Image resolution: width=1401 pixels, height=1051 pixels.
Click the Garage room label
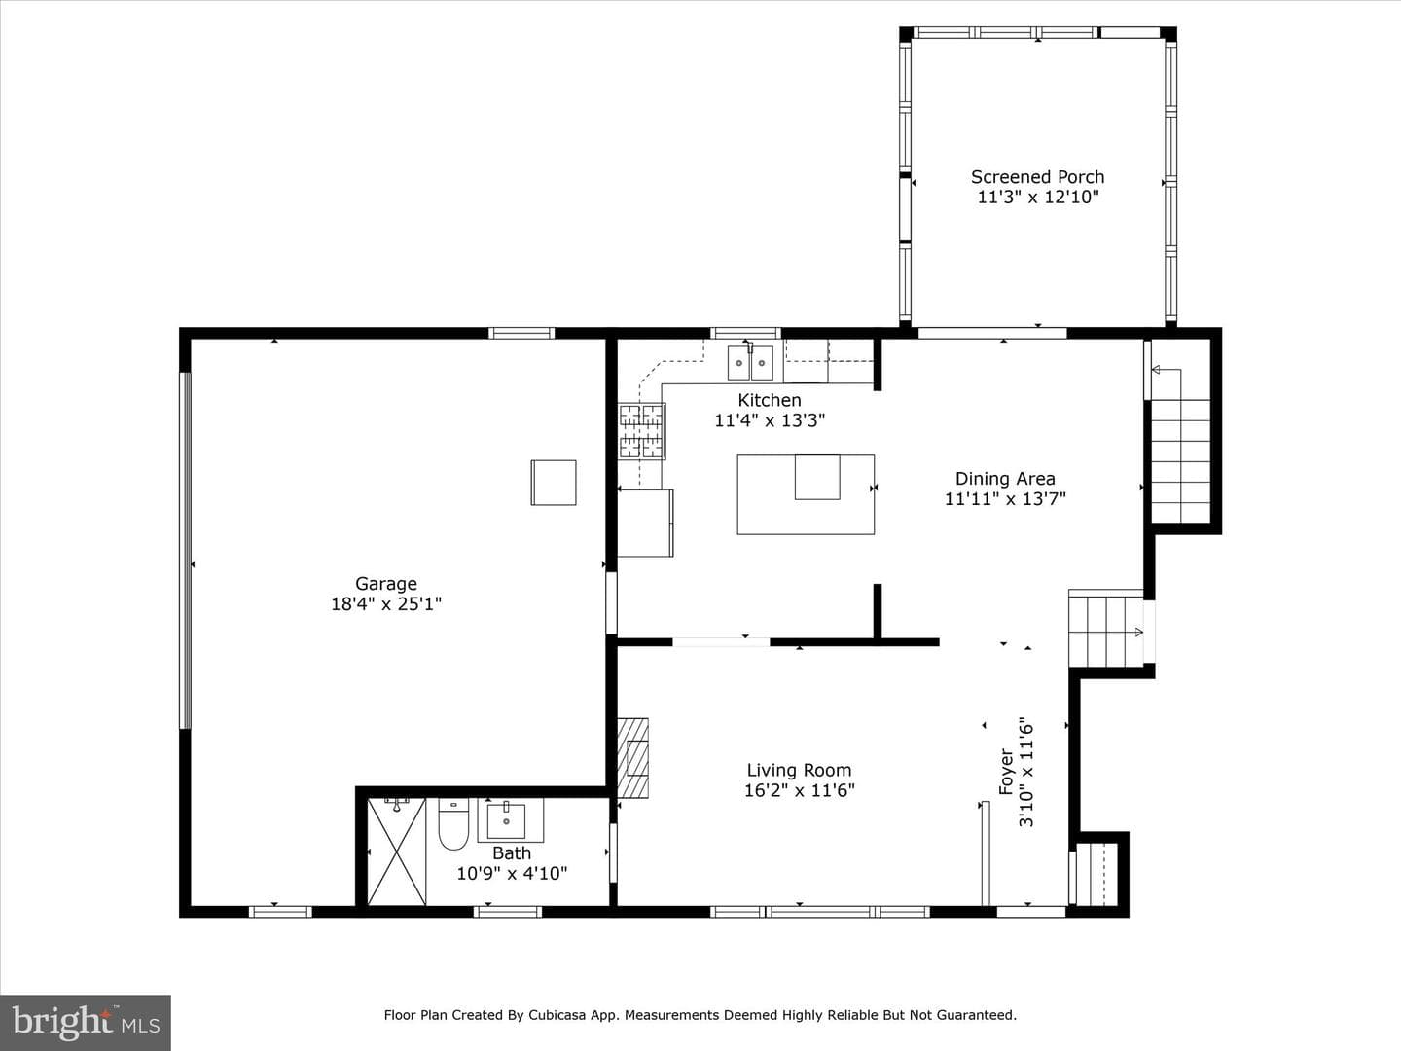click(x=386, y=583)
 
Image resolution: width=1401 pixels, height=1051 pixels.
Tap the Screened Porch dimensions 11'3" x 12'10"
click(x=1038, y=197)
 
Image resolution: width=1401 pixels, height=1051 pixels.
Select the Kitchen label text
click(x=770, y=400)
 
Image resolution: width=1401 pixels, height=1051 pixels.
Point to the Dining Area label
click(x=1005, y=479)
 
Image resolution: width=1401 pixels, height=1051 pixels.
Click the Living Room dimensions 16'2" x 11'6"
click(x=799, y=790)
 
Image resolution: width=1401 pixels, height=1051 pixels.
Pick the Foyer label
click(x=1006, y=772)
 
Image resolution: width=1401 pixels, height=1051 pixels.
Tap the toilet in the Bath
click(x=453, y=824)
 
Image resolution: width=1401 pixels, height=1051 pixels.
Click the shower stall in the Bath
click(x=396, y=852)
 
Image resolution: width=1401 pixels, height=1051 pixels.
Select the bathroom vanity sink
click(x=506, y=820)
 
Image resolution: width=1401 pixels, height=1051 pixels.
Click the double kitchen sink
click(x=750, y=362)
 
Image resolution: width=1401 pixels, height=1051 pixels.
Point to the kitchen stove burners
click(x=641, y=431)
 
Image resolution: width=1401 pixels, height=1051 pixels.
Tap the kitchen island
click(x=806, y=494)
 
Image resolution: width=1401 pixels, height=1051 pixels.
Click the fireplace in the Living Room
click(x=632, y=758)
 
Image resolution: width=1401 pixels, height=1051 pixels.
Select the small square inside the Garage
click(x=554, y=483)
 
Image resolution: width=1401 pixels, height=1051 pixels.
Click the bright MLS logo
click(x=86, y=1023)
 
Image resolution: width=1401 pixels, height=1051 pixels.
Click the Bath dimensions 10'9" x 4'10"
click(x=512, y=873)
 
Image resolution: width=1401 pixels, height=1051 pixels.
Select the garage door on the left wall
click(x=185, y=550)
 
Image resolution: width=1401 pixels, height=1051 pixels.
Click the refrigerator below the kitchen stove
click(x=645, y=523)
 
